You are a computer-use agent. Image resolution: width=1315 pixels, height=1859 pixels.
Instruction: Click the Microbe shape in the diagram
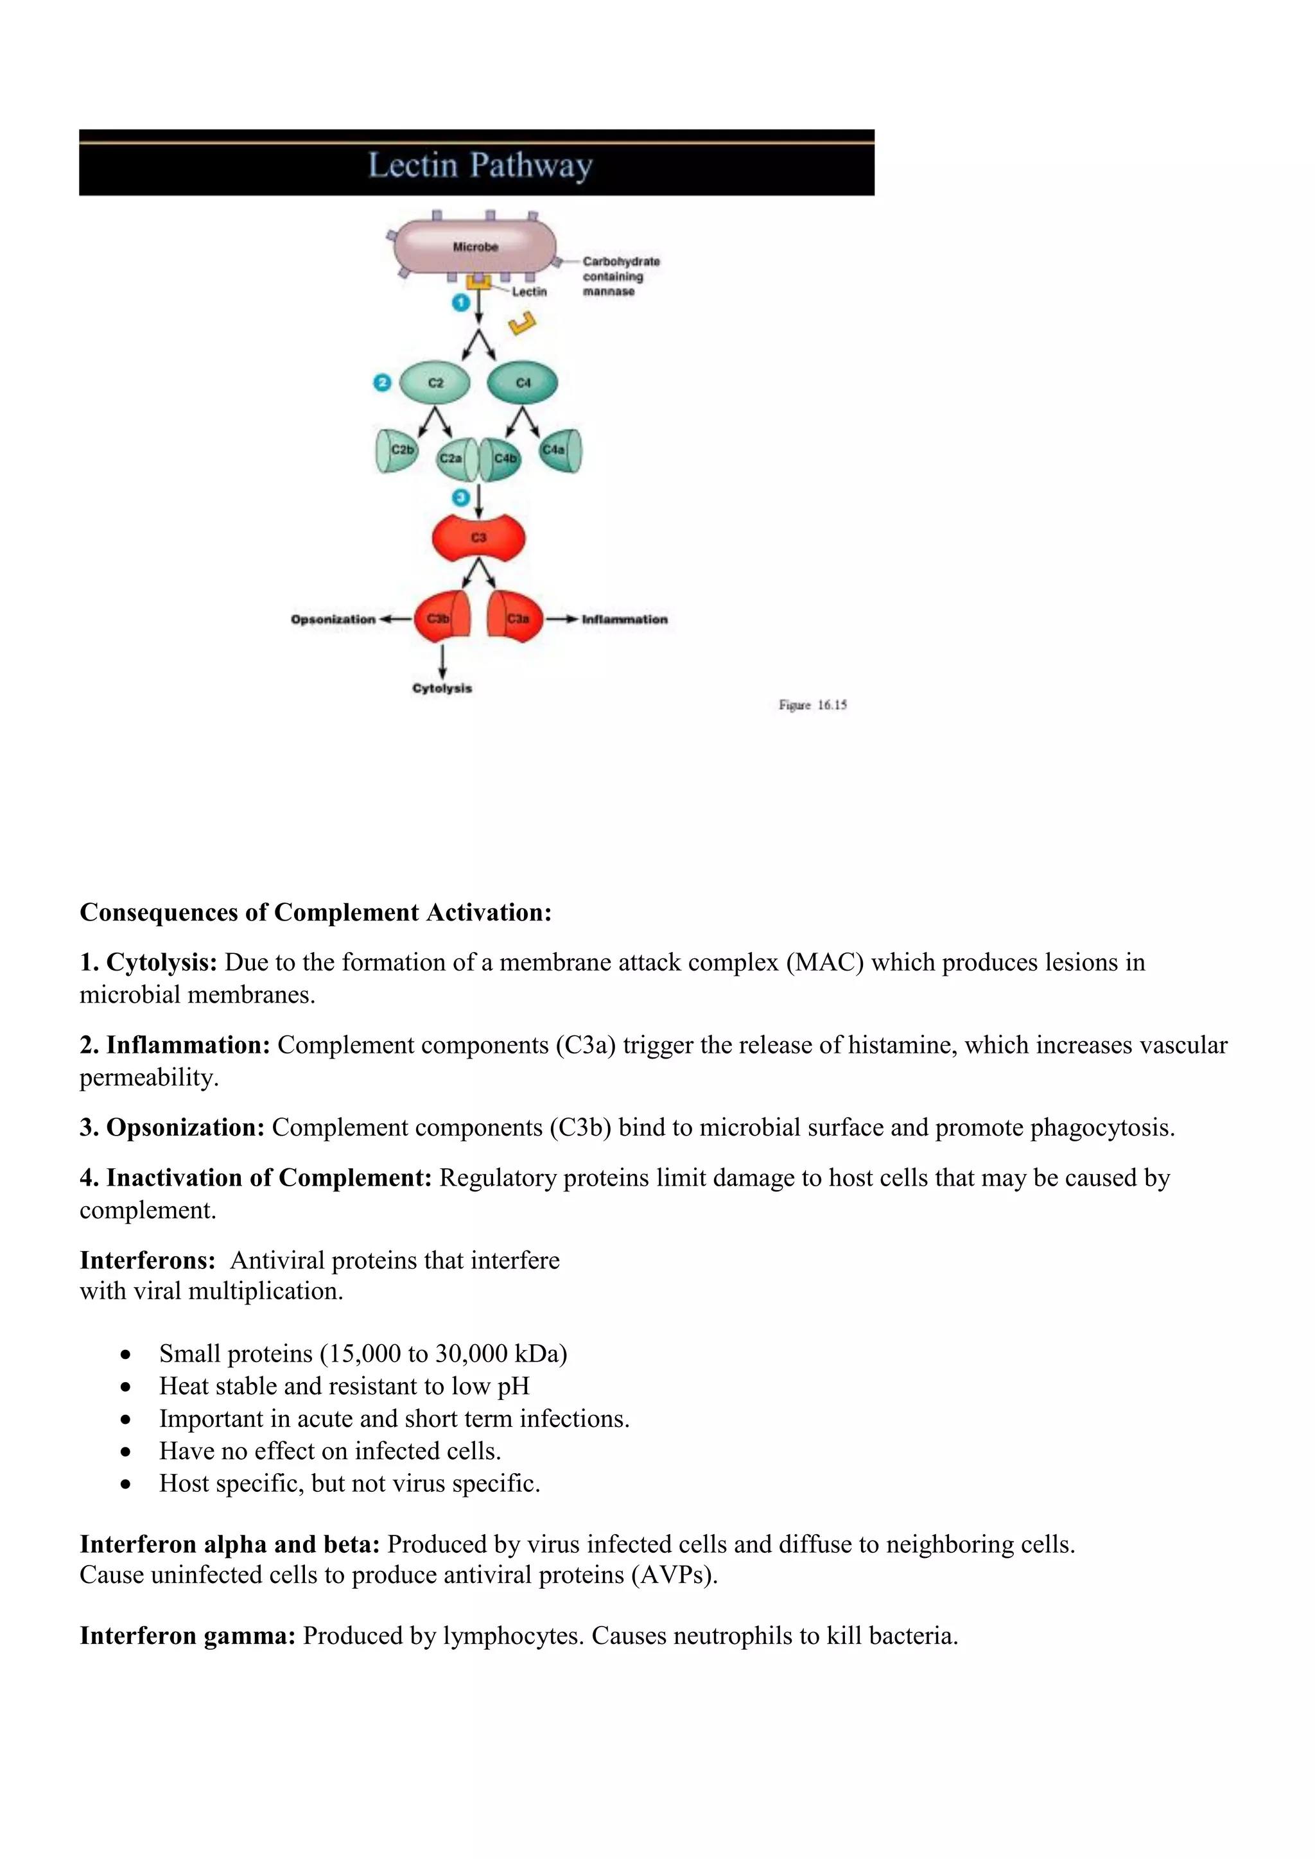click(x=475, y=245)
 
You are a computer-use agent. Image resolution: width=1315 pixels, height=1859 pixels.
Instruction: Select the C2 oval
click(x=435, y=382)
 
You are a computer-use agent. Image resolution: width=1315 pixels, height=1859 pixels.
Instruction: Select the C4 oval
click(x=522, y=382)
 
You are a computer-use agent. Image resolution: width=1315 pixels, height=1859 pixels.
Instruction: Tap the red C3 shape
click(x=478, y=538)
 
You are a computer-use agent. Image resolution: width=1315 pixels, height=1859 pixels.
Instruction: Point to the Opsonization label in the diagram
click(x=333, y=619)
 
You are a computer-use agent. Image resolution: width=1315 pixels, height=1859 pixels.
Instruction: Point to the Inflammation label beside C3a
click(x=624, y=619)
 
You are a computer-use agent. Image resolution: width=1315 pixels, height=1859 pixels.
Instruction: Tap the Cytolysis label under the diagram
click(x=442, y=688)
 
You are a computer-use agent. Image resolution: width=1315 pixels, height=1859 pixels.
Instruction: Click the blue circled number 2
click(x=382, y=382)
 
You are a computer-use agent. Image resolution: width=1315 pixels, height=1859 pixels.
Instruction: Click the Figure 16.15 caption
click(x=812, y=705)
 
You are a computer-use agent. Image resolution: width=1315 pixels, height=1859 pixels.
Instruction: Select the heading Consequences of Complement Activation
click(x=315, y=913)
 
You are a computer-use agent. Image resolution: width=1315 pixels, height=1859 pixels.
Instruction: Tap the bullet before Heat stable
click(x=125, y=1387)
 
